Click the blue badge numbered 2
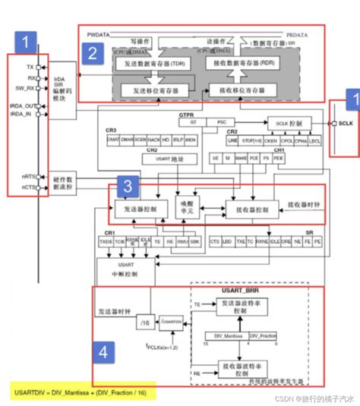[x=92, y=53]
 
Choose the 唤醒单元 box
[x=185, y=209]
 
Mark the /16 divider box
[x=144, y=324]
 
